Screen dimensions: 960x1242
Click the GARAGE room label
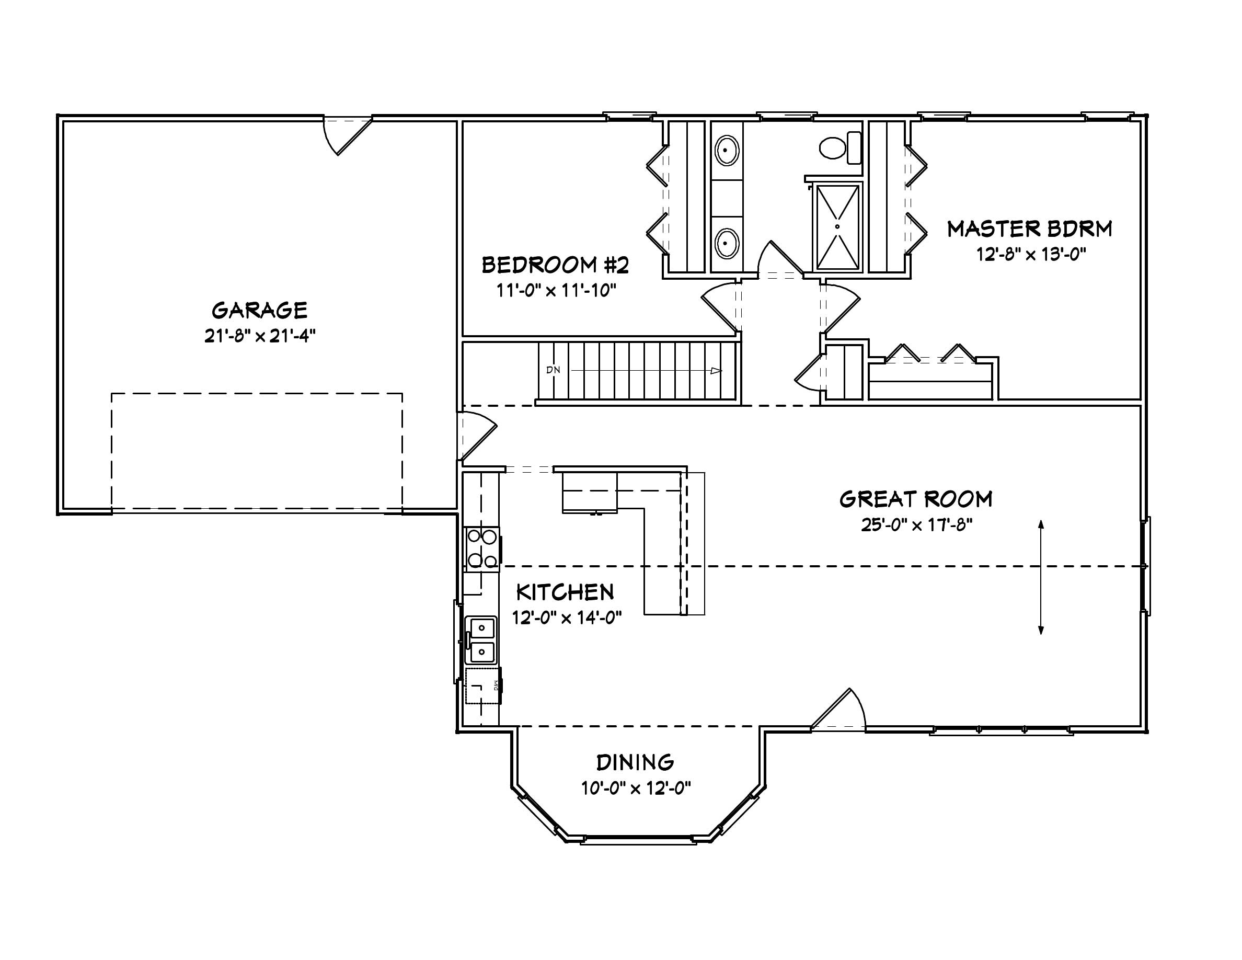259,311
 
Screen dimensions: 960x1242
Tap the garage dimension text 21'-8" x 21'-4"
259,336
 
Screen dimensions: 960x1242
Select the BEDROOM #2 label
555,265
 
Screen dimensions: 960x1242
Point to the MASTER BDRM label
1029,228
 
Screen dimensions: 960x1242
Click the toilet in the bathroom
839,148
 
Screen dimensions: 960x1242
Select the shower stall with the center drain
837,226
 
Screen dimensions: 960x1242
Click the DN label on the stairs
553,370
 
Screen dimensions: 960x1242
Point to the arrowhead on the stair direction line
716,371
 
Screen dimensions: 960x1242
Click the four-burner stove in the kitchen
482,549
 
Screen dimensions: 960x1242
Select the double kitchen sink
481,641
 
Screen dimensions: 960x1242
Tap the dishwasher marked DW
484,686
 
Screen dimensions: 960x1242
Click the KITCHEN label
565,592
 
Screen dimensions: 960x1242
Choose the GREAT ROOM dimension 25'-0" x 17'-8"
916,524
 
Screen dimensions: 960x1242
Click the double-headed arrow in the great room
1041,577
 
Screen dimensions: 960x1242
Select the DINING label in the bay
635,762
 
